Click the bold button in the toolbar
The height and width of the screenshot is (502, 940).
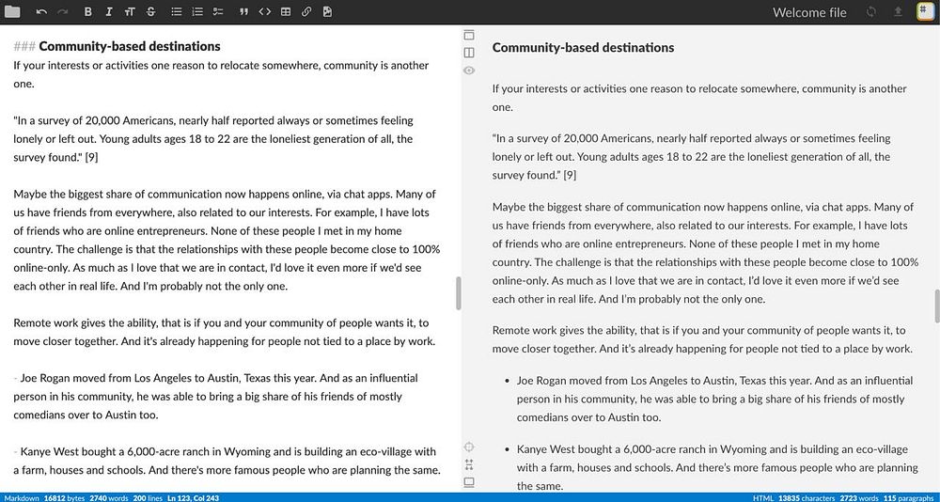pos(87,12)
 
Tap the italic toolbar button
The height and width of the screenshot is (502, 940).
pos(109,12)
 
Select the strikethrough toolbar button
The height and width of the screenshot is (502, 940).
pos(150,12)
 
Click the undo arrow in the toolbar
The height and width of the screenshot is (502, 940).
pos(41,12)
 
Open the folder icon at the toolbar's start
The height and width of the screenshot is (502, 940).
pos(12,12)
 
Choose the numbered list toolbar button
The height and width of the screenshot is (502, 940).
pos(196,12)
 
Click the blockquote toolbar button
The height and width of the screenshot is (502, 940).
pos(243,12)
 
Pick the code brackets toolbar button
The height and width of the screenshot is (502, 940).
pos(264,12)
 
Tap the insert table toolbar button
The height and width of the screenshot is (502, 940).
pos(286,12)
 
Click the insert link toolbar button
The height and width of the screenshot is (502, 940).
pos(306,12)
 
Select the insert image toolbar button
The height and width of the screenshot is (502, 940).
pos(327,12)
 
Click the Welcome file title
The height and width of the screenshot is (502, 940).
pos(809,12)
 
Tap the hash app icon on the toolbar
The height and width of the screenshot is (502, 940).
pos(924,11)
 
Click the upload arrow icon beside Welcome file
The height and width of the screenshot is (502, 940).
pos(898,12)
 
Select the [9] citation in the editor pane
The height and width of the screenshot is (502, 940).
pos(92,157)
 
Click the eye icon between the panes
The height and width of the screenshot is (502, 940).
pos(469,71)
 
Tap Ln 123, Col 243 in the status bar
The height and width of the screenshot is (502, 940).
pos(192,497)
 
